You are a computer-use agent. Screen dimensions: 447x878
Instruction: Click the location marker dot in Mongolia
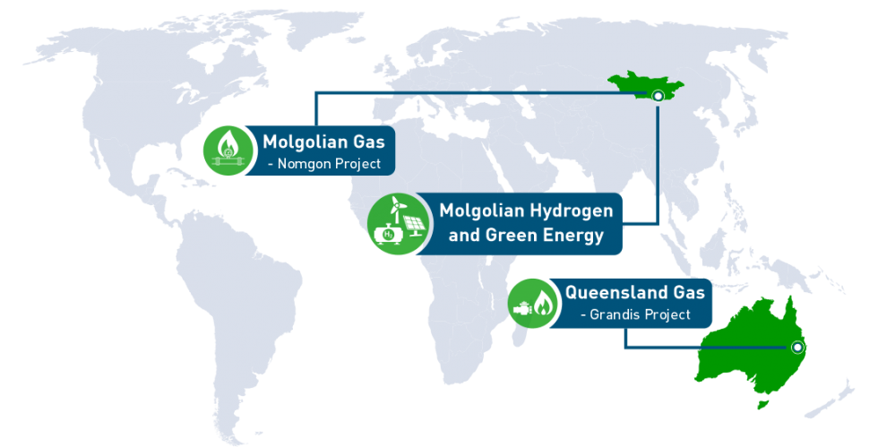(658, 95)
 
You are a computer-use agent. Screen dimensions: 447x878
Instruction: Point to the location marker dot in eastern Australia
(796, 348)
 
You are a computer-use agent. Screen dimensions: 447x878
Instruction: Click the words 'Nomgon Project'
(329, 164)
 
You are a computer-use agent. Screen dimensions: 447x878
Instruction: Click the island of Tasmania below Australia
(764, 404)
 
